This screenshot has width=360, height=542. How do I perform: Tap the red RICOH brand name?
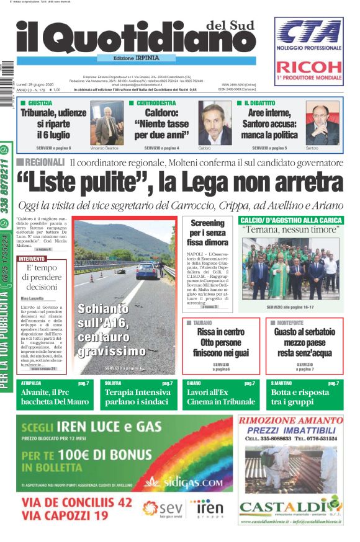(308, 67)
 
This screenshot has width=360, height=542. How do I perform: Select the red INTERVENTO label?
(32, 259)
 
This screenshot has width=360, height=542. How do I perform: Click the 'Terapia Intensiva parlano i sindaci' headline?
(137, 397)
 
